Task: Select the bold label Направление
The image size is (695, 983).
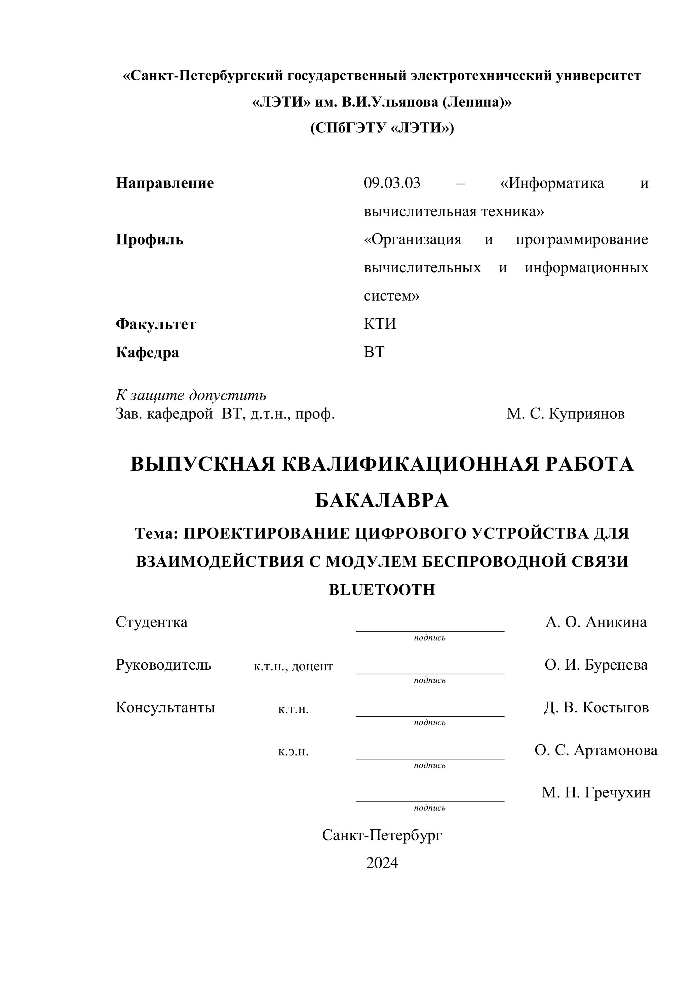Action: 165,183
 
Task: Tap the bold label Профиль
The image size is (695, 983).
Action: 149,240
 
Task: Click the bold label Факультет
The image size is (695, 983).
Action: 156,324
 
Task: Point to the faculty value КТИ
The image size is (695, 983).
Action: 380,324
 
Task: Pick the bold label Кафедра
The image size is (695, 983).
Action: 147,352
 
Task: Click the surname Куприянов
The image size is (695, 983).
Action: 586,414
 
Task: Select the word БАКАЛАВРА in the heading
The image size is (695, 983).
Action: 382,500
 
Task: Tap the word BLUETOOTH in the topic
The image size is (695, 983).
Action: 382,590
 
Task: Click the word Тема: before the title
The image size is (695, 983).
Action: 156,534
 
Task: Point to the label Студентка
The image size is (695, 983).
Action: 152,622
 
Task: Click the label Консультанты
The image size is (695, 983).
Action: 165,708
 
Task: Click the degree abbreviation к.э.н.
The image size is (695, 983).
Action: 293,751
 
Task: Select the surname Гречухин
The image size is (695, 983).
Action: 617,792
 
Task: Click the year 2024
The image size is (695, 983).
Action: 382,863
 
